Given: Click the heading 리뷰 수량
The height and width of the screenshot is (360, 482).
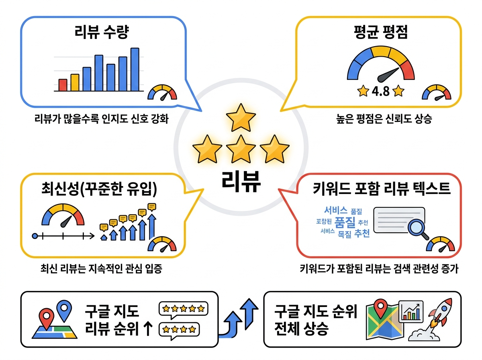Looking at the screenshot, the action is tap(102, 32).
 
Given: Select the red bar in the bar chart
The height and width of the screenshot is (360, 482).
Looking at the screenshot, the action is tap(63, 85).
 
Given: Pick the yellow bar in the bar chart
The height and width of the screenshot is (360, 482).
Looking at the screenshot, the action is tap(75, 83).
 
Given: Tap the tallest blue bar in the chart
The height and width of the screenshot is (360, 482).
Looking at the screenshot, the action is tap(135, 70).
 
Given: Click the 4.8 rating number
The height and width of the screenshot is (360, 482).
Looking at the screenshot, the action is tap(380, 91).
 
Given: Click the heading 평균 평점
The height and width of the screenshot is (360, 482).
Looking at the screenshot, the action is tap(381, 32).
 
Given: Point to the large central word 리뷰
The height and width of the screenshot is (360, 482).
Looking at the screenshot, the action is tap(241, 182).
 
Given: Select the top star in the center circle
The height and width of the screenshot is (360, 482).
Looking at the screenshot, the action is tap(241, 118).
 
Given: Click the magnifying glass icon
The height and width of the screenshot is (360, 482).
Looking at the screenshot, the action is tap(418, 230).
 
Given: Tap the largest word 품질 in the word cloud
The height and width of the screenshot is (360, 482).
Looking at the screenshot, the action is tap(345, 222).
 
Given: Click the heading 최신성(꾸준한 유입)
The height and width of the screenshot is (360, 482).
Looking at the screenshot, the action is tap(99, 189).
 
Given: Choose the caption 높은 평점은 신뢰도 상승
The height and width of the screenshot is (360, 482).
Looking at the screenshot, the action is tap(384, 119).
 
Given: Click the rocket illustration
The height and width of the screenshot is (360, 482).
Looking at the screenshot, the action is tap(431, 320).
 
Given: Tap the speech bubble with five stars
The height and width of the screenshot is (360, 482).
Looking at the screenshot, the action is tap(183, 310).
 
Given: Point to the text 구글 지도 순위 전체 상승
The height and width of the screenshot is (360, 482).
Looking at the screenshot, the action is tap(316, 320).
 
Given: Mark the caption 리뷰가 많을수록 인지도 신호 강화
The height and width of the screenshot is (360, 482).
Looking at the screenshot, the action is tap(102, 119).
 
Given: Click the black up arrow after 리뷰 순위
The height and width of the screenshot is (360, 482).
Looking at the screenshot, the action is tap(148, 329).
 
